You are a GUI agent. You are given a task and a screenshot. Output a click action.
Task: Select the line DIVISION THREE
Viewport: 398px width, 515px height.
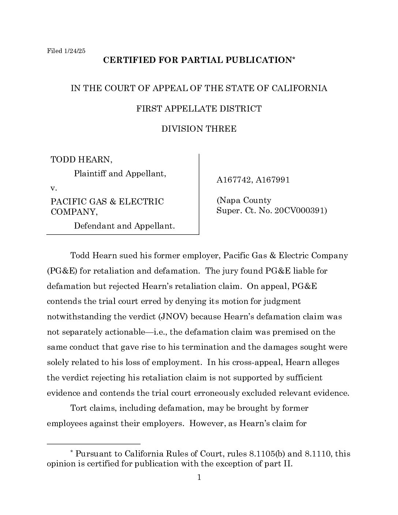click(199, 129)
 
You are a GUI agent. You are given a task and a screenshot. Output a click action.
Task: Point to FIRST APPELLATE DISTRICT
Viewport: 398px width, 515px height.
click(199, 109)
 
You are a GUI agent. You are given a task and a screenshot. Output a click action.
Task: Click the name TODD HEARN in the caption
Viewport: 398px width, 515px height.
click(81, 159)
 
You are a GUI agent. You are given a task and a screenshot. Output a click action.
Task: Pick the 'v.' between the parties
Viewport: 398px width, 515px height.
click(54, 188)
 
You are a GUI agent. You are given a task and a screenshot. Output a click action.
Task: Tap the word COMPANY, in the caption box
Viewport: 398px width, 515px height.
click(74, 212)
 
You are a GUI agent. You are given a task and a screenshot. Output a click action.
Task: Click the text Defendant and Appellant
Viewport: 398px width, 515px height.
click(124, 226)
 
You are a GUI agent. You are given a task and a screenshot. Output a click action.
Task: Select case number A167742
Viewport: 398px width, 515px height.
click(233, 180)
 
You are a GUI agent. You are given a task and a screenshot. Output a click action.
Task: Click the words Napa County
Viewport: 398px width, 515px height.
click(244, 200)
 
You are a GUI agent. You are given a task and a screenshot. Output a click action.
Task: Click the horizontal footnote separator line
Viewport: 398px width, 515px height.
click(94, 444)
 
